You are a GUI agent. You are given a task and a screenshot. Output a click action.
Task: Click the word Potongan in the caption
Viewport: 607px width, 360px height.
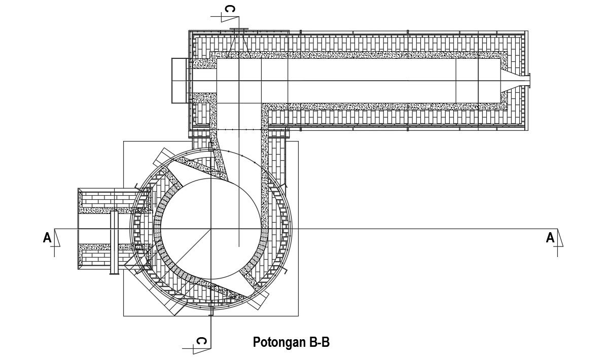coord(279,343)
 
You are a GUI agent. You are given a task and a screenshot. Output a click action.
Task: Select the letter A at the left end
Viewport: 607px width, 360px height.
coord(47,237)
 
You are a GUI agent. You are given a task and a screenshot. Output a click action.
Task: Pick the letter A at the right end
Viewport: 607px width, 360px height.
coord(550,237)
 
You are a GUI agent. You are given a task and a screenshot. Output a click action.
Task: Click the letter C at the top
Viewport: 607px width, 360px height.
coord(230,9)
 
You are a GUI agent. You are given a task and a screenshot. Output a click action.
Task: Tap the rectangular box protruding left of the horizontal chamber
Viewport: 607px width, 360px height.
coord(180,80)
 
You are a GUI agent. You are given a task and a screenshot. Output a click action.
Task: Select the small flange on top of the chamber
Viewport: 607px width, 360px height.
coord(237,30)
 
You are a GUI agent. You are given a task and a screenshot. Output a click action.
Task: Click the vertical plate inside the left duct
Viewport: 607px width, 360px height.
coord(114,243)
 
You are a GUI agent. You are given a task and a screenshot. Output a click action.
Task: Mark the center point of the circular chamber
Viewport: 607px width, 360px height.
coord(210,229)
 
